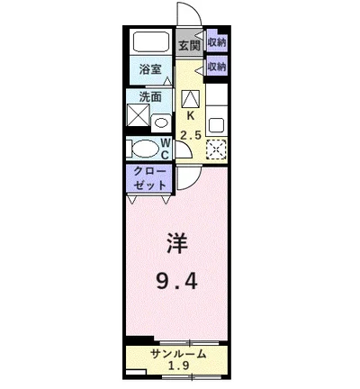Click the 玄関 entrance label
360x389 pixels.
click(x=188, y=44)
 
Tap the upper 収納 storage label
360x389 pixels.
click(x=216, y=41)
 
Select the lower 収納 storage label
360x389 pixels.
click(x=216, y=67)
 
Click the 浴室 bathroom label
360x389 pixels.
click(x=149, y=68)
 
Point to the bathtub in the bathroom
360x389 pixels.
click(x=150, y=42)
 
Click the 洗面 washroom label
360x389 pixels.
click(x=149, y=96)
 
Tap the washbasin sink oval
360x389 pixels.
click(x=160, y=121)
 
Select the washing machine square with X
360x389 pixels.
click(x=139, y=116)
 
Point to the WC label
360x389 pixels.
click(x=166, y=149)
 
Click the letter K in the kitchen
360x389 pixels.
click(x=191, y=115)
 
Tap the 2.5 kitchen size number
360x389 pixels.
click(x=191, y=135)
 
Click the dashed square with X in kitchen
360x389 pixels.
click(x=216, y=149)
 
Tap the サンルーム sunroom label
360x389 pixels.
click(x=179, y=353)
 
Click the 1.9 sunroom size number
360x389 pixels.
click(x=179, y=366)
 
